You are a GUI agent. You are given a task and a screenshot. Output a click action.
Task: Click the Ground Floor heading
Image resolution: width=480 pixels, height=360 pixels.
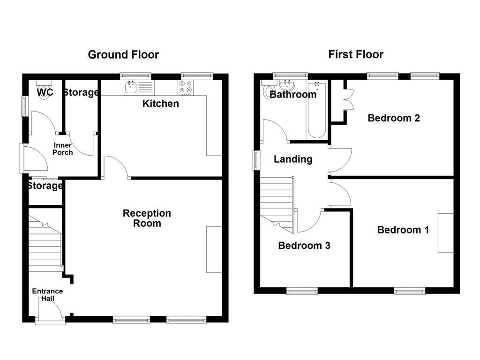pyautogui.click(x=123, y=55)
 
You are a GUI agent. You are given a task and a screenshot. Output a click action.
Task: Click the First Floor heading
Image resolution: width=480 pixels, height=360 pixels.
pyautogui.click(x=356, y=55)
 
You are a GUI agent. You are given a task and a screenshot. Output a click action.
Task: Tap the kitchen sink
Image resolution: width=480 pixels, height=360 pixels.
pyautogui.click(x=131, y=87)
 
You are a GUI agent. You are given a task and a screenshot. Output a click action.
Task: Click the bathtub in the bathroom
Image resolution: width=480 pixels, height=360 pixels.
pyautogui.click(x=317, y=110)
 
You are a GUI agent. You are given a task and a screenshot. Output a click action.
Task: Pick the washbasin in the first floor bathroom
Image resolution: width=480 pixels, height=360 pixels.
pyautogui.click(x=285, y=85)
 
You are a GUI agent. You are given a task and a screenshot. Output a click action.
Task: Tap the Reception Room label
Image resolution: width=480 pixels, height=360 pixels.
pyautogui.click(x=147, y=218)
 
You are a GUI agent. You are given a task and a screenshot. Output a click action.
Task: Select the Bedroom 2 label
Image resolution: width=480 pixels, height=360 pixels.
pyautogui.click(x=393, y=118)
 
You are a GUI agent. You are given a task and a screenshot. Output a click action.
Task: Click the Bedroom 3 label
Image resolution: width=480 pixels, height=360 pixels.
pyautogui.click(x=304, y=246)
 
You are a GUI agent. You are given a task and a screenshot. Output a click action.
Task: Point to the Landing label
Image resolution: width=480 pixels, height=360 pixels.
pyautogui.click(x=293, y=159)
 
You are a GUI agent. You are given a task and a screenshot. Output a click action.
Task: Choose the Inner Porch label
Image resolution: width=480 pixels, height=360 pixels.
pyautogui.click(x=63, y=149)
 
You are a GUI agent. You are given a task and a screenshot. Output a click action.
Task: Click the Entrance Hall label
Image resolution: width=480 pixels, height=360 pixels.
pyautogui.click(x=47, y=295)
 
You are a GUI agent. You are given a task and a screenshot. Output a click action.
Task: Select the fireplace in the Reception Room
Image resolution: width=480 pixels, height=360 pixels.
pyautogui.click(x=214, y=249)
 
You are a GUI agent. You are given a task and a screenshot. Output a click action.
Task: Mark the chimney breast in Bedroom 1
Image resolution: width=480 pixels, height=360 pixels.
pyautogui.click(x=445, y=233)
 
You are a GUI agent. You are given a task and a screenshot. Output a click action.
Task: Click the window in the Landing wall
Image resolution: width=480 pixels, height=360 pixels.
pyautogui.click(x=256, y=160)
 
